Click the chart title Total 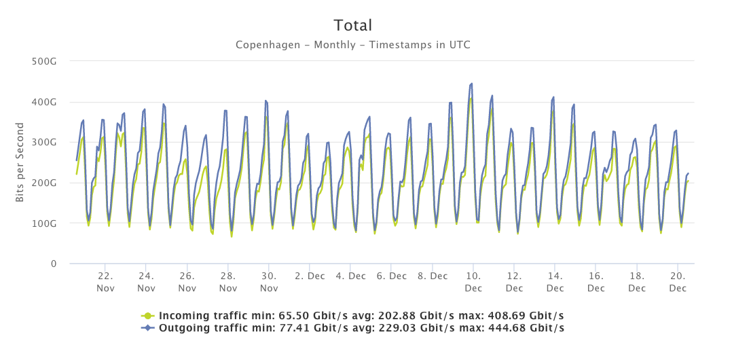point(352,26)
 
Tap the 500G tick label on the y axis point(44,61)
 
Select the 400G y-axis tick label point(44,102)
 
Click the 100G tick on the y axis point(44,223)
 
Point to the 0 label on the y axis point(52,264)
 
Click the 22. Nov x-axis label point(105,282)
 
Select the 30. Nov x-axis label point(269,282)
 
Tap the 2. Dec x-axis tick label point(310,276)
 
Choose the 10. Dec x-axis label point(473,282)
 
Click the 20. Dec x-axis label point(678,282)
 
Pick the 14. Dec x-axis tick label point(555,282)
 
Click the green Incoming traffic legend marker point(147,316)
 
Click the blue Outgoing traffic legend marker point(147,328)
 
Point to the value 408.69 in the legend point(511,316)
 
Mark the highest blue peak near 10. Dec point(471,84)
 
